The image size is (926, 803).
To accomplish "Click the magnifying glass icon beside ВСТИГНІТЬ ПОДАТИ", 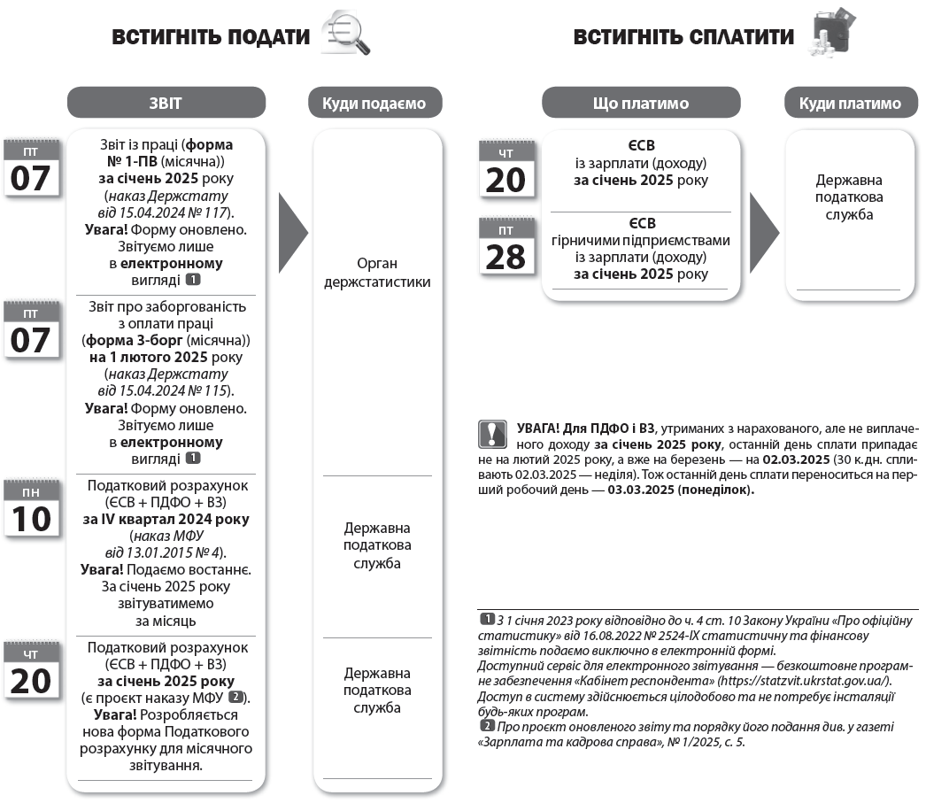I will click(x=346, y=35).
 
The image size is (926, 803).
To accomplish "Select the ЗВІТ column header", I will click(x=166, y=103).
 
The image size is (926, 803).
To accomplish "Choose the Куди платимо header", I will click(x=850, y=104).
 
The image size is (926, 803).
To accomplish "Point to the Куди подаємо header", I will click(x=379, y=104).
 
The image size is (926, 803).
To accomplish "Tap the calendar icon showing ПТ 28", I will click(x=506, y=248).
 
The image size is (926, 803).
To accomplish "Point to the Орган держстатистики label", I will click(x=379, y=273).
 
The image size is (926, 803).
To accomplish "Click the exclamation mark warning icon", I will click(x=490, y=435).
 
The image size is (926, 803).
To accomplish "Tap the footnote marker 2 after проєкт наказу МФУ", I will click(x=235, y=698).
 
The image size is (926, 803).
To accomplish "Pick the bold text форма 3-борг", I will click(x=166, y=340).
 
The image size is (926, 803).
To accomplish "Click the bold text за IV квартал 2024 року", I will click(x=166, y=520).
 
